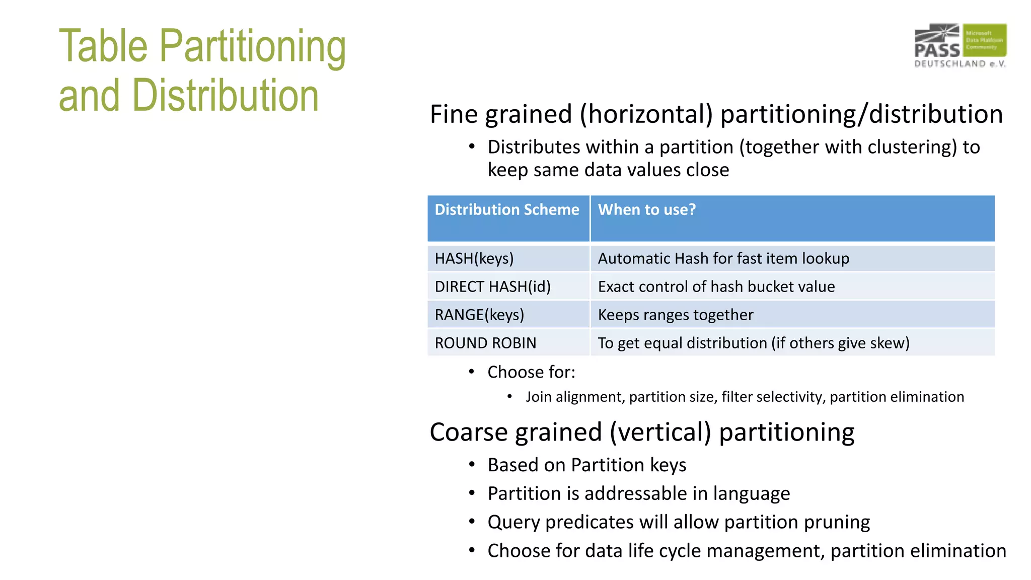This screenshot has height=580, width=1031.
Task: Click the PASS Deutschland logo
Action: point(960,45)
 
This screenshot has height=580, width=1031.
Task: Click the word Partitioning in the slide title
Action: point(252,47)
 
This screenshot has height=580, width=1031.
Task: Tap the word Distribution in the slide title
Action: point(226,96)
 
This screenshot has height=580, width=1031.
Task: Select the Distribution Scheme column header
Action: point(507,210)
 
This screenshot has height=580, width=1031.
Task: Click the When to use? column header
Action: point(646,210)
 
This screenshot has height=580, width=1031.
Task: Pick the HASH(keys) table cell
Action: point(474,259)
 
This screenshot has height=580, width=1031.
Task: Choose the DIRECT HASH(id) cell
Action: point(492,287)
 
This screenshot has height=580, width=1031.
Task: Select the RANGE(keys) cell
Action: point(479,315)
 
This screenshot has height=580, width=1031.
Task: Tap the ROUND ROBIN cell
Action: point(485,343)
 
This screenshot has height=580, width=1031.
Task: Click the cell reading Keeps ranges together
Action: point(675,315)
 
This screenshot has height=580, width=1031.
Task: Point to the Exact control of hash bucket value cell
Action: point(716,287)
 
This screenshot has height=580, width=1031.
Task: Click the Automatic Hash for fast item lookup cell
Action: point(723,259)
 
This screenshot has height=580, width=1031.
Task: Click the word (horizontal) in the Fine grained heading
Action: point(646,114)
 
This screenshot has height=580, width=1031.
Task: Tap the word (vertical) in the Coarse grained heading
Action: point(660,432)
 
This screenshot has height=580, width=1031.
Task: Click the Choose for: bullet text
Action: point(531,373)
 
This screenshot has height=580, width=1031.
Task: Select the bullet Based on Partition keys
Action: point(586,465)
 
